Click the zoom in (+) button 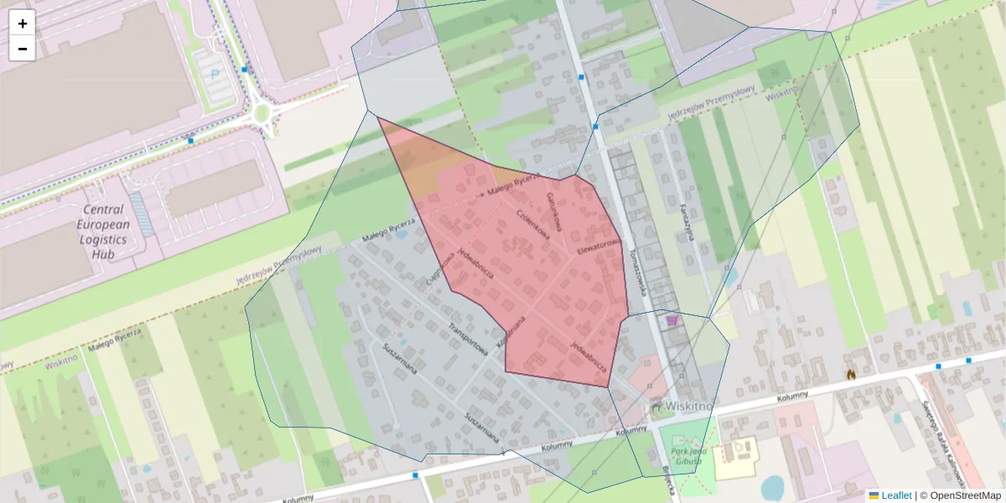[23, 23]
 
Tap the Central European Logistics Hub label [104, 231]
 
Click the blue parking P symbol [214, 75]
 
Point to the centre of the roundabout [261, 111]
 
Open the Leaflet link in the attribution [896, 495]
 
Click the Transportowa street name [468, 338]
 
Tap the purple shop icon [671, 319]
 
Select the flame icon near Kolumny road [850, 375]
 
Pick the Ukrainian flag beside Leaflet [874, 495]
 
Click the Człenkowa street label [533, 224]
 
